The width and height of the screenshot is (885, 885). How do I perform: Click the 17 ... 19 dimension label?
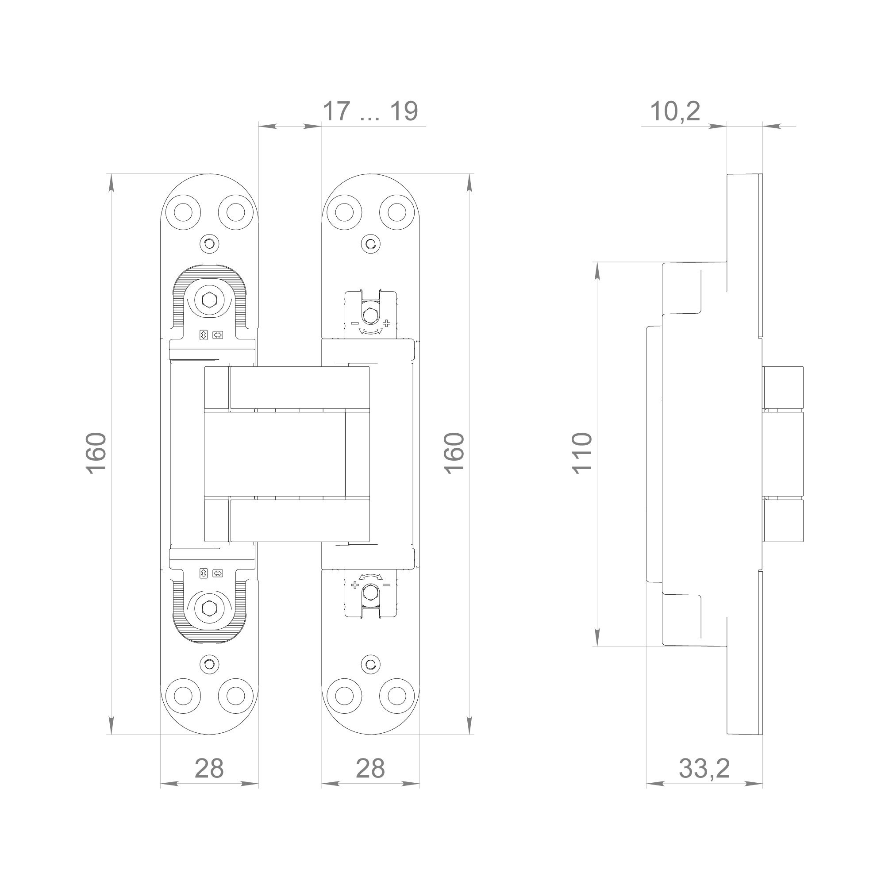(370, 112)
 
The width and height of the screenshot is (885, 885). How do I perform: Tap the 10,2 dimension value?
(675, 112)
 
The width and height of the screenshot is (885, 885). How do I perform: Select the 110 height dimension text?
(583, 453)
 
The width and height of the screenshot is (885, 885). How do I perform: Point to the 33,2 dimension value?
(704, 768)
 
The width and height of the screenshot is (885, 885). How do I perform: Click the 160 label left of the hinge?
(96, 453)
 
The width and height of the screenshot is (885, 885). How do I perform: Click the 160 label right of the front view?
(455, 453)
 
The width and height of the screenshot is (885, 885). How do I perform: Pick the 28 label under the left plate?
(209, 768)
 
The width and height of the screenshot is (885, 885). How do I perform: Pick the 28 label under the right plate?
(370, 768)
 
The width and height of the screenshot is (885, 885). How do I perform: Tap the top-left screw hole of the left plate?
(183, 212)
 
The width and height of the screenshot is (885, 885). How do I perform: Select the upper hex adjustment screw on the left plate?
(209, 300)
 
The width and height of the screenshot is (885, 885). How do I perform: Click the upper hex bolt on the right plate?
(370, 316)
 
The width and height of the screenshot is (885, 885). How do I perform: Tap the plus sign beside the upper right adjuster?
(386, 323)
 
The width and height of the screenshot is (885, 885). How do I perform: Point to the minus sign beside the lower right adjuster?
(386, 585)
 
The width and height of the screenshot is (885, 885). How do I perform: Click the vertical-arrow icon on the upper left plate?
(204, 335)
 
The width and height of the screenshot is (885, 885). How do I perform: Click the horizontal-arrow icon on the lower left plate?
(218, 573)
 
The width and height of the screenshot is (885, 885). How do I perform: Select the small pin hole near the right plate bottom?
(370, 664)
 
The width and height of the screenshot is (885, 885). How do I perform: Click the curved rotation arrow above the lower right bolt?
(370, 577)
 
